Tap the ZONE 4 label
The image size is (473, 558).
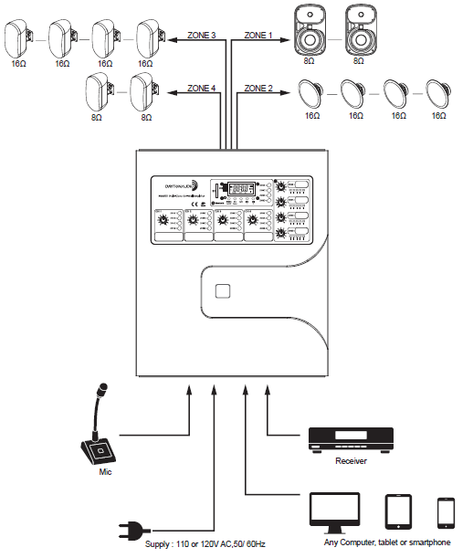coord(202,89)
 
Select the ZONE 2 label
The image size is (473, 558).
coord(258,89)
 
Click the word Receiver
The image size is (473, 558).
coord(351,461)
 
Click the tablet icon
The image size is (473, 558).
coord(400,511)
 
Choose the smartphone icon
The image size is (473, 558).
coord(446,512)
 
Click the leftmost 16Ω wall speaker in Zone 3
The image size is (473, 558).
coord(17,37)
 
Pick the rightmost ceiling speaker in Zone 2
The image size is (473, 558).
coord(438,94)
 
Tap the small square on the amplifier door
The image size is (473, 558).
coord(222,292)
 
